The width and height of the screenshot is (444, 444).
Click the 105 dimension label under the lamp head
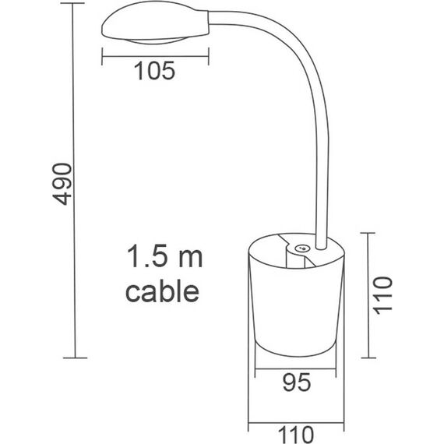click(x=153, y=71)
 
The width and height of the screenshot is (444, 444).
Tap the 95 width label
click(x=297, y=382)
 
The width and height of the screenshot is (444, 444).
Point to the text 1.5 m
click(x=163, y=257)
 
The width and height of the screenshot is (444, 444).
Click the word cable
click(x=162, y=291)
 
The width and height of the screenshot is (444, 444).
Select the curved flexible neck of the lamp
click(x=310, y=93)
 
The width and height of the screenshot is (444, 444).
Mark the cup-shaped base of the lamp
click(x=297, y=304)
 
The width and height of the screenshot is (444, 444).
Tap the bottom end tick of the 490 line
click(x=74, y=358)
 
